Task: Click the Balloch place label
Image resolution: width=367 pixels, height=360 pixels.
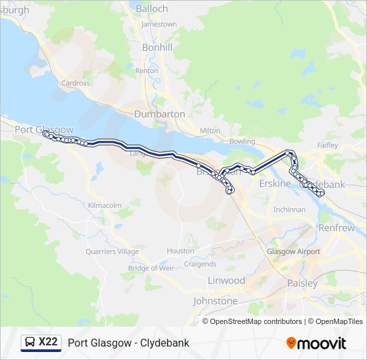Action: click(152, 9)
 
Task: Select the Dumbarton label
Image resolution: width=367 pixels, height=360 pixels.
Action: click(159, 114)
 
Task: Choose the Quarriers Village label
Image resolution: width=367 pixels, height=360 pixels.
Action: click(112, 251)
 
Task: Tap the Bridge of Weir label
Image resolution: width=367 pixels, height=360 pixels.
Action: click(151, 268)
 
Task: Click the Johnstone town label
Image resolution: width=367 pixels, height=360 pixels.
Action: click(215, 301)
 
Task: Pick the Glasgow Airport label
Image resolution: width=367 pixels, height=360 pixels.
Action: click(294, 251)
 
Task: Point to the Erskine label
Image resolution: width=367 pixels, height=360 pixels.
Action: click(275, 183)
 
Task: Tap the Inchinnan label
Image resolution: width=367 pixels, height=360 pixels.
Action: click(290, 209)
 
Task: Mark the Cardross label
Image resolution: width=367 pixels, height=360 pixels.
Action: click(75, 83)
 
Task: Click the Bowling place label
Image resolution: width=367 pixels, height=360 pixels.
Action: click(242, 141)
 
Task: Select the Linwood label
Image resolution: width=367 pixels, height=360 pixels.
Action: click(226, 280)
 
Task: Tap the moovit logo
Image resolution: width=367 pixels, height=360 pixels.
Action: click(316, 343)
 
